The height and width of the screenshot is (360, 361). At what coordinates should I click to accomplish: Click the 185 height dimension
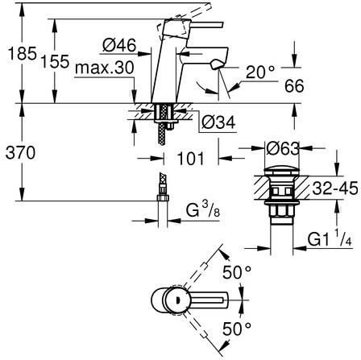click(x=23, y=53)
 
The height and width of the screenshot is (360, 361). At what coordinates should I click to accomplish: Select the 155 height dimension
click(x=55, y=61)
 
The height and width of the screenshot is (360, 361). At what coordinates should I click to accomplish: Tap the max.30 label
click(x=105, y=68)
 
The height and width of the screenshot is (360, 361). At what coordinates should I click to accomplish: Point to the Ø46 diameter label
click(x=119, y=45)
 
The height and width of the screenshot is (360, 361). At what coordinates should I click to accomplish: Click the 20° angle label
click(x=260, y=72)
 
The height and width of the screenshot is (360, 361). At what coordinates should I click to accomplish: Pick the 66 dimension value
click(x=294, y=86)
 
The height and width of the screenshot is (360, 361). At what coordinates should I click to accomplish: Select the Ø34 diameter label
click(x=218, y=122)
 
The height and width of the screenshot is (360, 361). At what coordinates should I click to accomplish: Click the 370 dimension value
click(x=20, y=153)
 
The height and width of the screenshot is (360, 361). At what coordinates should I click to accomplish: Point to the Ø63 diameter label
click(x=283, y=148)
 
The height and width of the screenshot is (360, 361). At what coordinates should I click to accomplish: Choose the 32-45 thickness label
click(x=335, y=188)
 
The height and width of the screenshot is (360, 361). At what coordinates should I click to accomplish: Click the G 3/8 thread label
click(x=203, y=210)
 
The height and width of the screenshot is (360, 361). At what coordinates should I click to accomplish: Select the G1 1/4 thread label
click(x=330, y=238)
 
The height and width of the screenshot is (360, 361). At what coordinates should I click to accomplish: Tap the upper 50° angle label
click(x=237, y=272)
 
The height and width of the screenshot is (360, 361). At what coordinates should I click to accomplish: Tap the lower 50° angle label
click(x=237, y=329)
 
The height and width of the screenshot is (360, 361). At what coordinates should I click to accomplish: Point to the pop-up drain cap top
click(x=281, y=172)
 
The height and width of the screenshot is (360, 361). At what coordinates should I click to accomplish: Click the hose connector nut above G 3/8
click(x=163, y=198)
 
